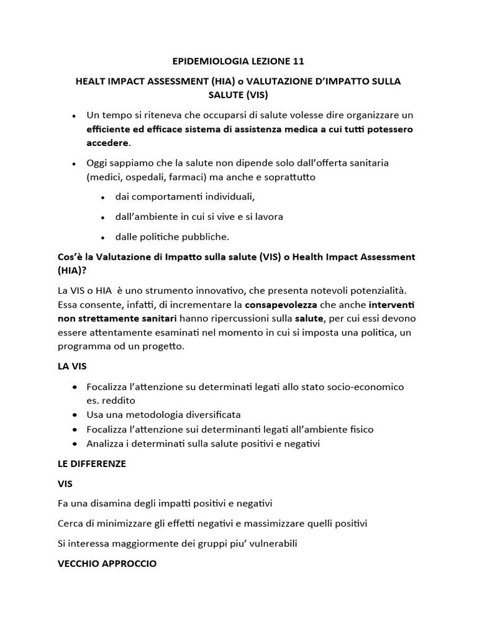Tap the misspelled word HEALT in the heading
click(91, 81)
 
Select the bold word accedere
click(107, 143)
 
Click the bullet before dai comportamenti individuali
click(102, 198)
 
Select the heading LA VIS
click(71, 366)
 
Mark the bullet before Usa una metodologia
click(75, 414)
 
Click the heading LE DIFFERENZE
click(91, 464)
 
